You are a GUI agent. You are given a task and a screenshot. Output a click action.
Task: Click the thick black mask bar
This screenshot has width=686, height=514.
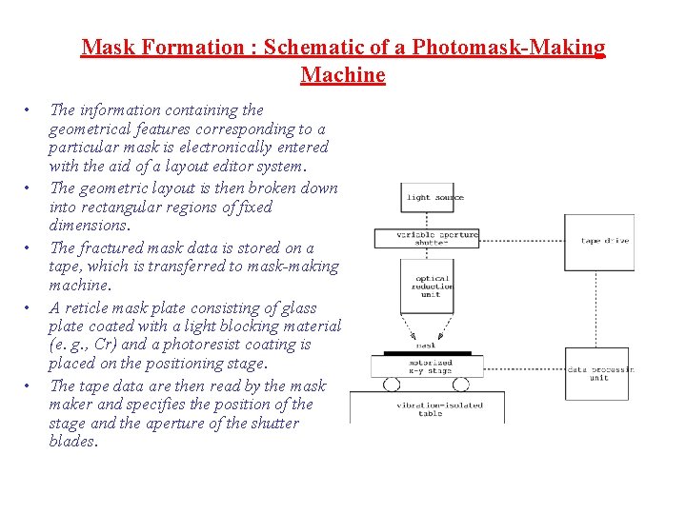coord(427,352)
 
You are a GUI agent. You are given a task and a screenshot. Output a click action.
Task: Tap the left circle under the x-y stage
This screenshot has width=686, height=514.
coord(391,385)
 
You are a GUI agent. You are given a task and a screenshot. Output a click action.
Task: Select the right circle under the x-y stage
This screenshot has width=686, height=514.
coord(461,385)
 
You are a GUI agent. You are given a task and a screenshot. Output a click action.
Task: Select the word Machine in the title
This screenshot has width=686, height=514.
coord(343,74)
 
